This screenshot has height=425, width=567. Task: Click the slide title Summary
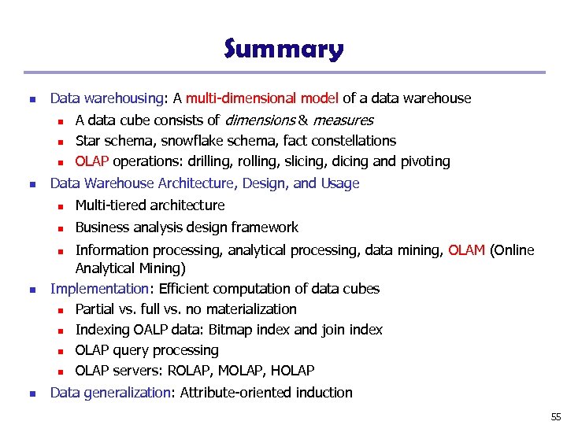tap(283, 49)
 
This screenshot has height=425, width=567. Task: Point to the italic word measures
tap(343, 120)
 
